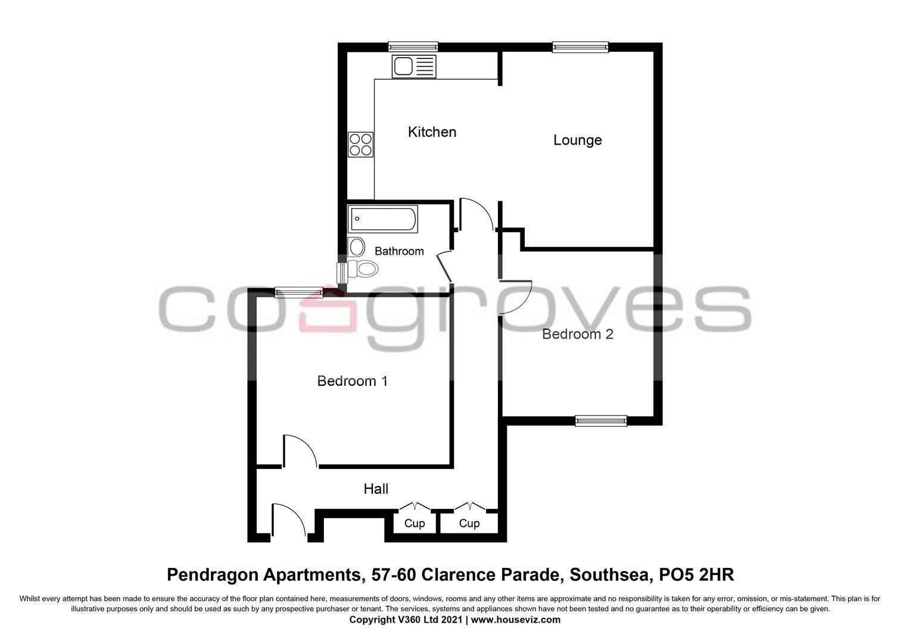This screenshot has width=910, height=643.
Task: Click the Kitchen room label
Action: [432, 132]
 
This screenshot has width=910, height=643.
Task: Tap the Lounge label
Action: [577, 140]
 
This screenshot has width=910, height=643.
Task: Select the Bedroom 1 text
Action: [352, 380]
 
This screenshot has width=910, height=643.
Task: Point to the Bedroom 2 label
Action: [577, 334]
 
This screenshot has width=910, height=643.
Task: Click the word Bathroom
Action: [399, 251]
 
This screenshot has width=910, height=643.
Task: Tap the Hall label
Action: [376, 489]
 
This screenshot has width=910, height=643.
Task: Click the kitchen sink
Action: [414, 66]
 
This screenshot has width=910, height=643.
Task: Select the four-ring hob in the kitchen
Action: [360, 145]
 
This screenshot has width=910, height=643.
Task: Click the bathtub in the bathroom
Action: [383, 219]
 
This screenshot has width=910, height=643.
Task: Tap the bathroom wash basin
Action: [356, 246]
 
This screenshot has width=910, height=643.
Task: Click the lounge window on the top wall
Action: [580, 47]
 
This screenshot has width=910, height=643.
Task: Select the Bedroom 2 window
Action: [601, 421]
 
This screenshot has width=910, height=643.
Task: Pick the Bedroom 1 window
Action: [299, 292]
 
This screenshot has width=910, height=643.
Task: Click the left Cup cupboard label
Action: [415, 523]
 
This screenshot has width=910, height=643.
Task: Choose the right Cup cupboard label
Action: [469, 523]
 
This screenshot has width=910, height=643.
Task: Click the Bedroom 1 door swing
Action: [300, 451]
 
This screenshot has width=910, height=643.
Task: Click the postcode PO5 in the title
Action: [677, 575]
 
